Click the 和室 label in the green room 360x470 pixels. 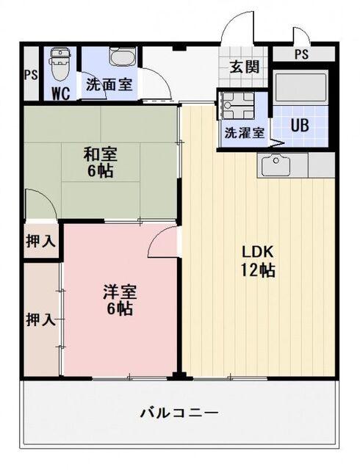click(101, 155)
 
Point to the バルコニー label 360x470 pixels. click(179, 413)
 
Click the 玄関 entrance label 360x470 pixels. click(245, 67)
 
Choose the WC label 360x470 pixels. click(61, 93)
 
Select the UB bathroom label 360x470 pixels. click(298, 124)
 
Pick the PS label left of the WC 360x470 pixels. click(30, 74)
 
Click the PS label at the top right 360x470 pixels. click(301, 54)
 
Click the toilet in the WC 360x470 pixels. click(58, 63)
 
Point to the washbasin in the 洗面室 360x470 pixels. click(118, 57)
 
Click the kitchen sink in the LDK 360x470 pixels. click(277, 165)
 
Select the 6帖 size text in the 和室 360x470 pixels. click(101, 173)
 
